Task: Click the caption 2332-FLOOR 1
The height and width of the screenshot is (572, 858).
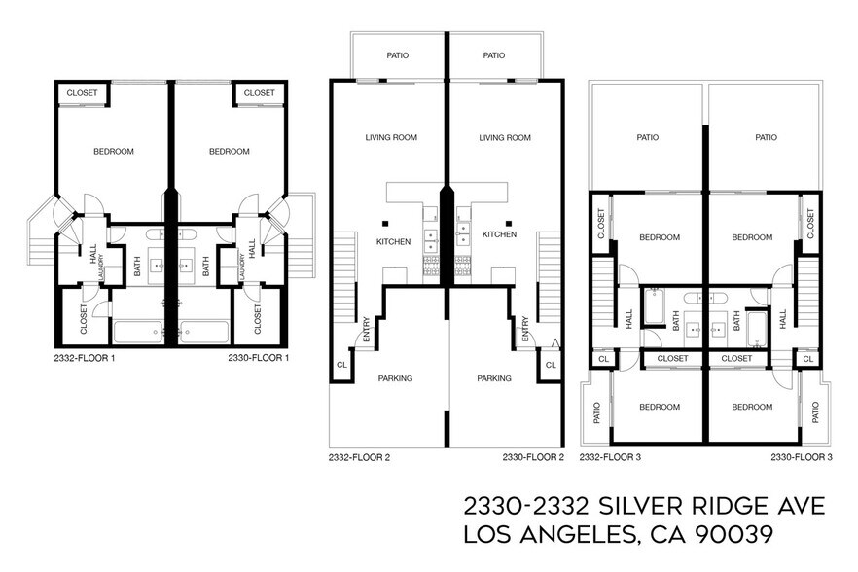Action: pyautogui.click(x=86, y=358)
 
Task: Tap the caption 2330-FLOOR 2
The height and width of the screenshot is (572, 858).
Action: pyautogui.click(x=532, y=456)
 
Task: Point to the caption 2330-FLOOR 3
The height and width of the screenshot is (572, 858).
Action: pyautogui.click(x=802, y=456)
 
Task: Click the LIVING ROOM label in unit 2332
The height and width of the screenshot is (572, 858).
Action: pyautogui.click(x=391, y=138)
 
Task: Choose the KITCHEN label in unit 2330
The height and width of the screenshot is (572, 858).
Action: pyautogui.click(x=499, y=234)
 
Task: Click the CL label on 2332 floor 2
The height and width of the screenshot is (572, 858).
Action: pyautogui.click(x=341, y=365)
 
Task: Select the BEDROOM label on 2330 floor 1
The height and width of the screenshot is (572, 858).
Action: pyautogui.click(x=230, y=151)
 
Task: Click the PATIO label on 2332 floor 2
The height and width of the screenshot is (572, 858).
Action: pyautogui.click(x=397, y=55)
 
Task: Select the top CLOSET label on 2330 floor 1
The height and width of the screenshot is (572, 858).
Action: pyautogui.click(x=260, y=93)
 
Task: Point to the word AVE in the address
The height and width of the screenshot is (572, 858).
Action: pyautogui.click(x=800, y=506)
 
